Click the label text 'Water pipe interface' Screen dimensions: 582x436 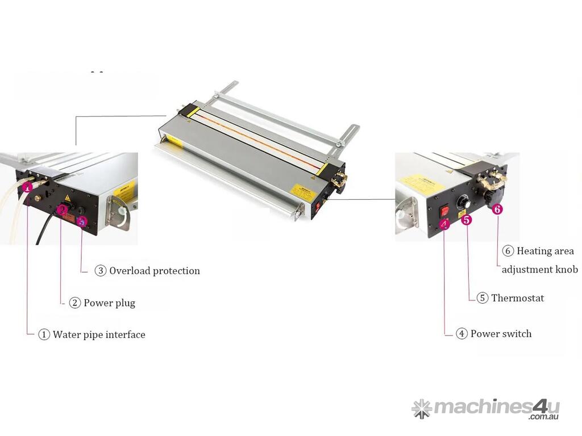[99, 334]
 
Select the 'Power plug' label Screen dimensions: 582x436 [110, 303]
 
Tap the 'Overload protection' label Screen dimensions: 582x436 [155, 271]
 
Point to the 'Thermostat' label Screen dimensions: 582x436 [517, 297]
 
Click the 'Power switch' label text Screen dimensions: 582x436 [501, 334]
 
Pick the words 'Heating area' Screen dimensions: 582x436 [545, 251]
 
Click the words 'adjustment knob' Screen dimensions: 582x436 [540, 269]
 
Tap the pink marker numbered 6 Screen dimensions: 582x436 [497, 209]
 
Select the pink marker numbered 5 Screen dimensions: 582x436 [467, 220]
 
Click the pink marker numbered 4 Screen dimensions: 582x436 [444, 224]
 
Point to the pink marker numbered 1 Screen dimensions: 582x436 [27, 187]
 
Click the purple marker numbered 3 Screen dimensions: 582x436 [82, 222]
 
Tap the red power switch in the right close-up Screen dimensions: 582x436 [444, 211]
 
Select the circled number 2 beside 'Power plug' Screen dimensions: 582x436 [74, 303]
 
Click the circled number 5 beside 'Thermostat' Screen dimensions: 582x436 [482, 297]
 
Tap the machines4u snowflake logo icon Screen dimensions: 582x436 [422, 409]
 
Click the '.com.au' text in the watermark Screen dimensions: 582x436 [544, 417]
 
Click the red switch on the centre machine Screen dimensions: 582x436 [317, 207]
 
